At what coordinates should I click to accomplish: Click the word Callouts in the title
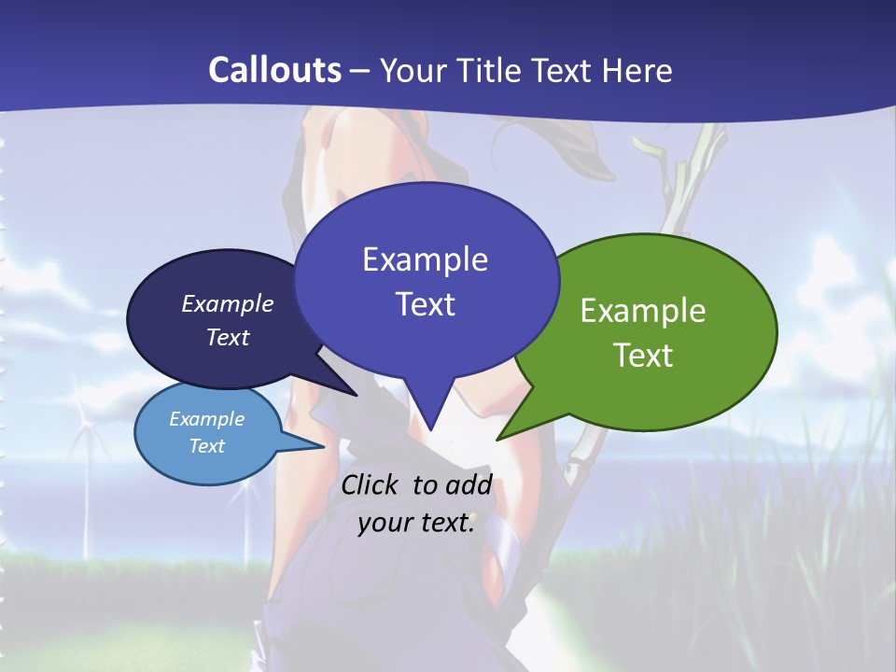click(x=274, y=70)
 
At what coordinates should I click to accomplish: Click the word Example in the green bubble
click(x=643, y=311)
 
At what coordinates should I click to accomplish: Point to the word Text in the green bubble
click(x=643, y=356)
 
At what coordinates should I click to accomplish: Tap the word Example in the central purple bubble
click(x=425, y=259)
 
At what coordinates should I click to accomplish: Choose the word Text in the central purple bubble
click(x=425, y=304)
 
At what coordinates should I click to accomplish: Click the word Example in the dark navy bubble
click(x=227, y=304)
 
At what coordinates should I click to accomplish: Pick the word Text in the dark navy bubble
click(x=227, y=337)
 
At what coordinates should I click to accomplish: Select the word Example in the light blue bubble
click(x=206, y=419)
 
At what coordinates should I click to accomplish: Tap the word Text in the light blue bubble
click(x=206, y=446)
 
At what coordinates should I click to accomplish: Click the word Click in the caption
click(x=371, y=484)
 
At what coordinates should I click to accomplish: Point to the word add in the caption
click(x=468, y=484)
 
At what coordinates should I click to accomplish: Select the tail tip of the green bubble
click(x=500, y=437)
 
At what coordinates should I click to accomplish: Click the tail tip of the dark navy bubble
click(x=355, y=394)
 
